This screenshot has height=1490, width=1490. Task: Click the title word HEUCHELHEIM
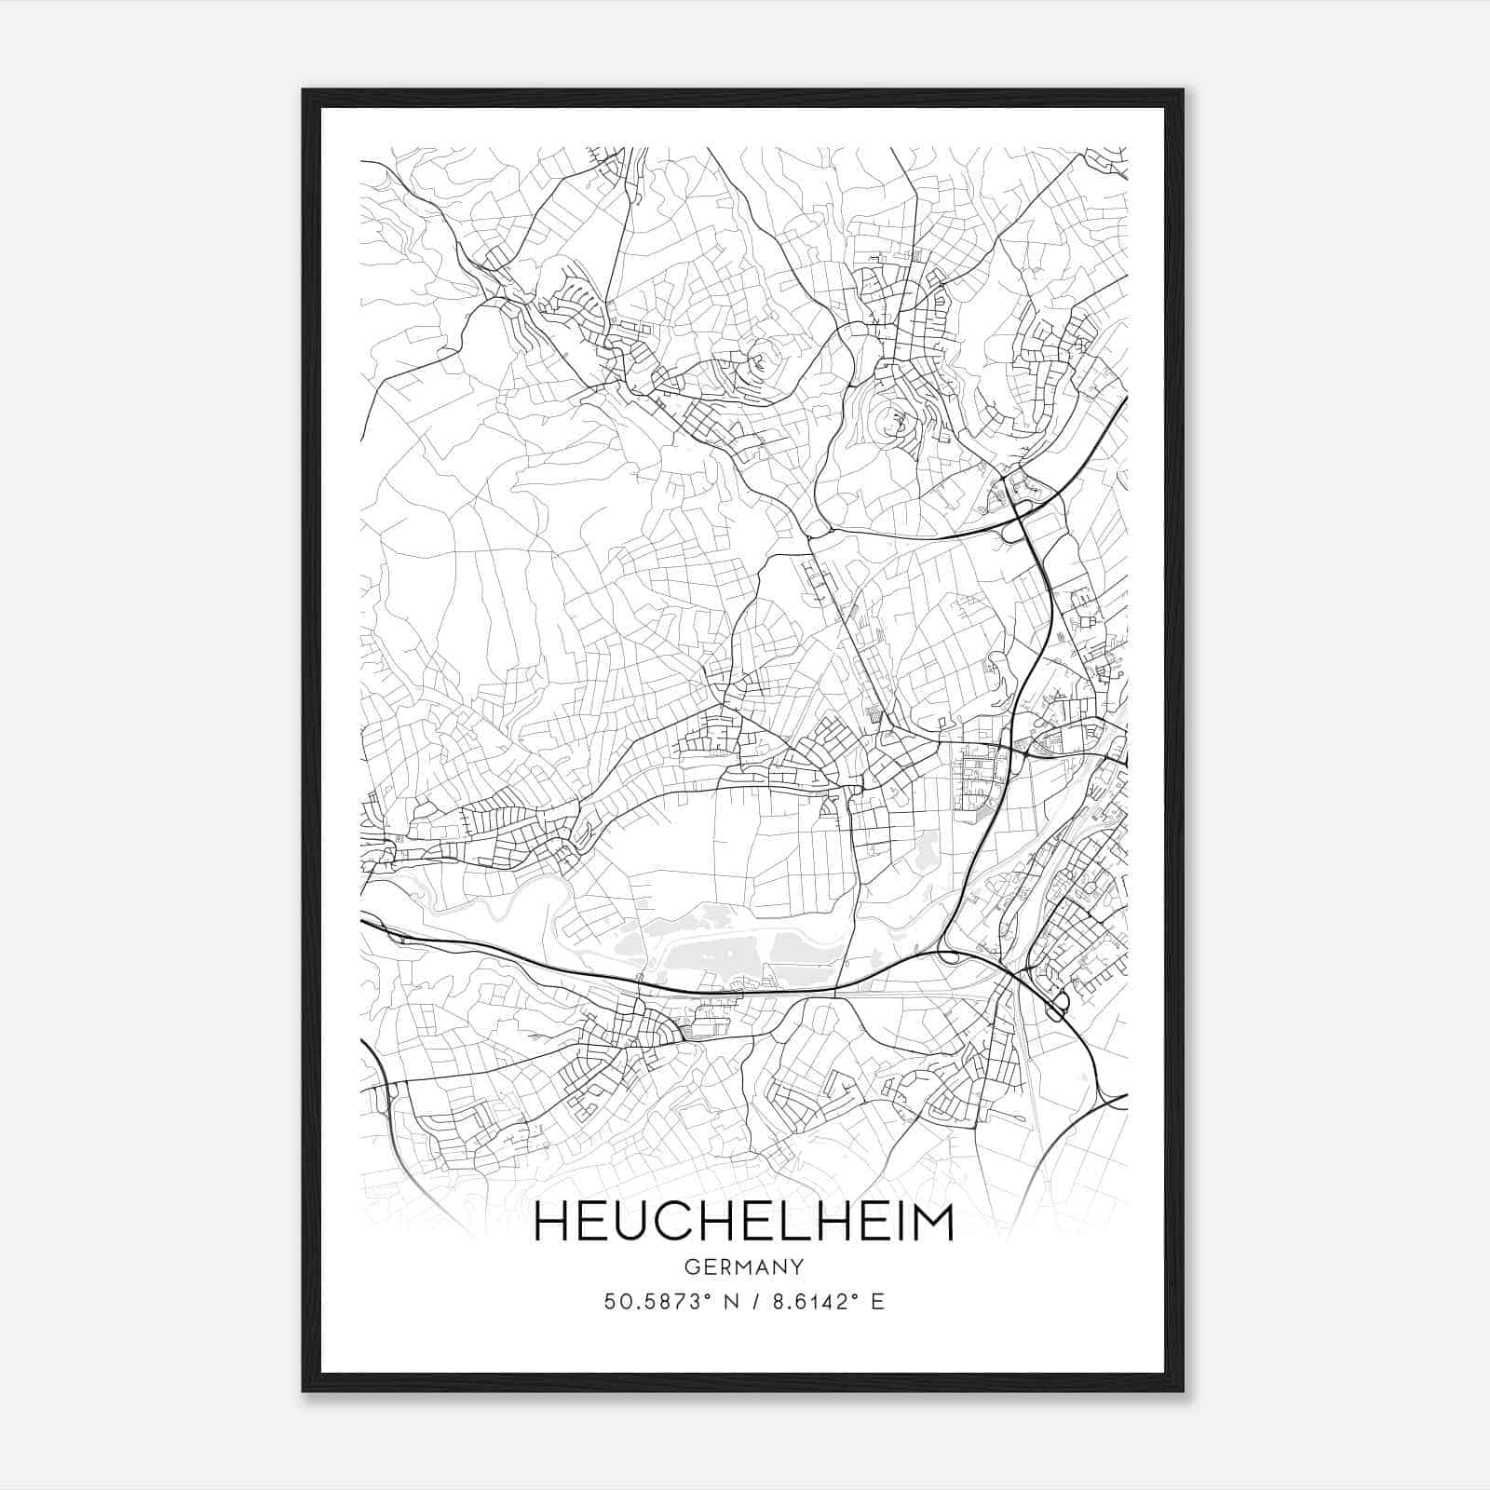(744, 1223)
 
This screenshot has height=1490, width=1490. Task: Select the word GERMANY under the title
(743, 1267)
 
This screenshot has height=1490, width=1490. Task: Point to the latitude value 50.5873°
(656, 1301)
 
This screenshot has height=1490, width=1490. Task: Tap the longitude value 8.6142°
(809, 1301)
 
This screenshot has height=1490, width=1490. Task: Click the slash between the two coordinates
(750, 1301)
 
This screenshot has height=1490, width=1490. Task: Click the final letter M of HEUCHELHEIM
(930, 1223)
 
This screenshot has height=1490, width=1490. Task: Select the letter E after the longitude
(876, 1301)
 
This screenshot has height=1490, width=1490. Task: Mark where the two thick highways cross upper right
(1018, 508)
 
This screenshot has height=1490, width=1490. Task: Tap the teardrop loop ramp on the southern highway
(948, 954)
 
